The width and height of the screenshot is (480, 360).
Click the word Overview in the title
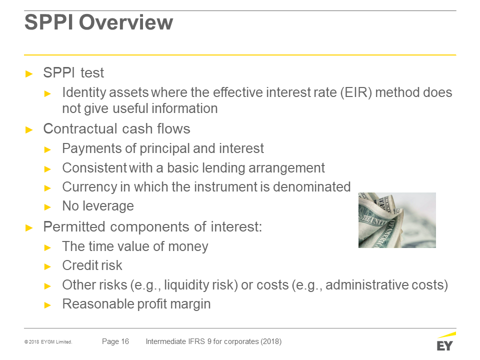[x=126, y=22]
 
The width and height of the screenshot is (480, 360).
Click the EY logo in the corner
[x=445, y=341]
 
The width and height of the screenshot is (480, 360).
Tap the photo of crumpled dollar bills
[x=397, y=220]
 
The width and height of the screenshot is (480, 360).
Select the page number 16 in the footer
[x=125, y=341]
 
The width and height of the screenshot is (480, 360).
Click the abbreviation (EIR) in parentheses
[x=356, y=92]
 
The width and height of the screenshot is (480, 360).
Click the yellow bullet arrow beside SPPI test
[x=29, y=74]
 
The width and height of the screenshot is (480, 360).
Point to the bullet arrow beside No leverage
[x=47, y=207]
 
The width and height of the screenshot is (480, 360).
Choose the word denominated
[x=311, y=187]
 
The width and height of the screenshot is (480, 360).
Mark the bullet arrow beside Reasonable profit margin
[x=47, y=305]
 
